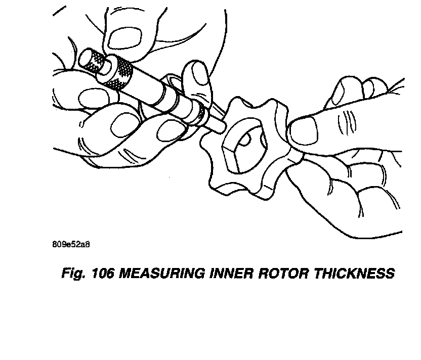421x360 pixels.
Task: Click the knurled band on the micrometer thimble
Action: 121,72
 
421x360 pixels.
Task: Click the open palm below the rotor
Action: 349,202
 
